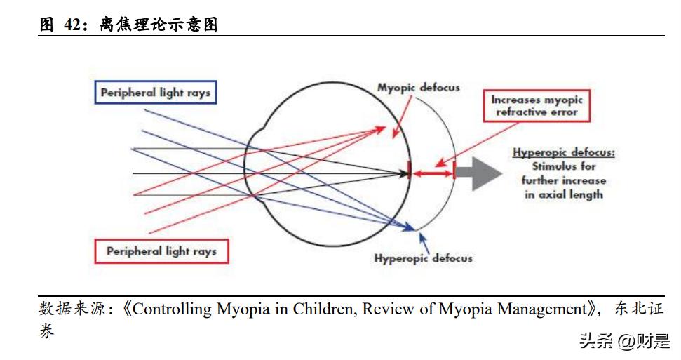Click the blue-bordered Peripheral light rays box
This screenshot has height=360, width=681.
coord(155,93)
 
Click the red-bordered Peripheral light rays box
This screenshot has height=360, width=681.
coord(161,251)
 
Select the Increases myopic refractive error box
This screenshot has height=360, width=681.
coord(537,105)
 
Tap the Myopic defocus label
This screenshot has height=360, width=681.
coord(419,88)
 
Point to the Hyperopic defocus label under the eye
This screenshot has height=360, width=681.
coord(423,258)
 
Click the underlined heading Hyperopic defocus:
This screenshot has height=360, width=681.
coord(563,153)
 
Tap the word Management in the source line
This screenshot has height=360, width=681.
coord(541,309)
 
